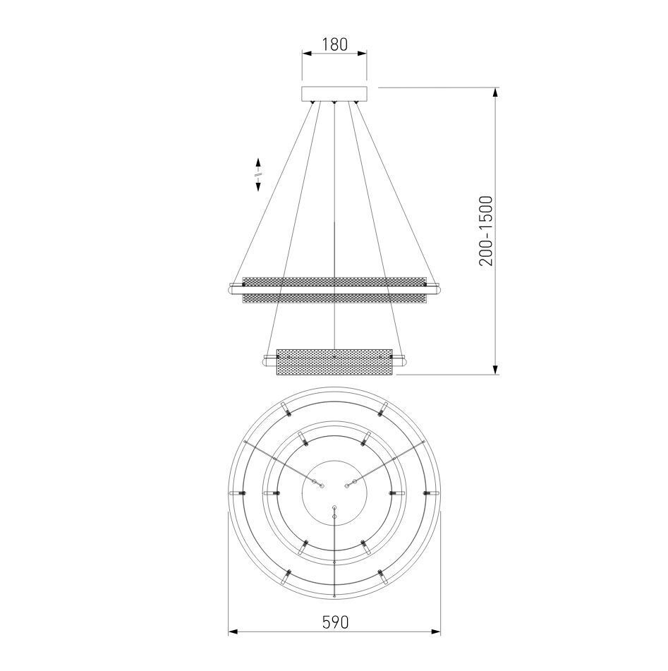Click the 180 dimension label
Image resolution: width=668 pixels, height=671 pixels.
click(334, 44)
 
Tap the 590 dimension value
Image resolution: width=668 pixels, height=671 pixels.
click(335, 622)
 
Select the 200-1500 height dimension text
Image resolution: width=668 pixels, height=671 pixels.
click(486, 231)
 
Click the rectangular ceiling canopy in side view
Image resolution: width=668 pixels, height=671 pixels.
click(334, 94)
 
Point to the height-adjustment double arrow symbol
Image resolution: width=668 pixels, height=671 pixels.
click(258, 174)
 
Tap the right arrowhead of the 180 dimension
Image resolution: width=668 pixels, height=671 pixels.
click(362, 54)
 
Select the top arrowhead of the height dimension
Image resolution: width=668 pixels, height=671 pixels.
click(495, 93)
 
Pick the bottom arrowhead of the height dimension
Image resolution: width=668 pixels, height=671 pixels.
click(495, 369)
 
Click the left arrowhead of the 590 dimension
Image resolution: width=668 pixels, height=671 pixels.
click(233, 632)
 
